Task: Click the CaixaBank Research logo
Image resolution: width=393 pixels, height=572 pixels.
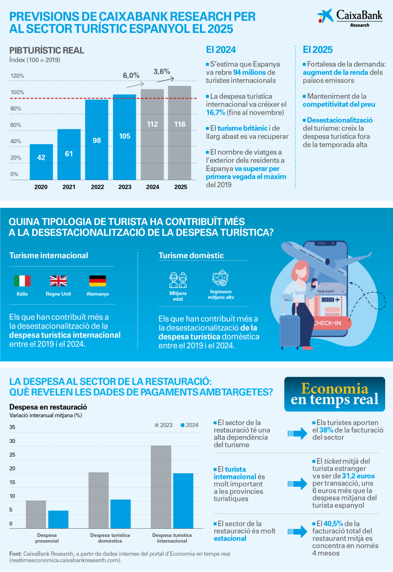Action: pos(350,18)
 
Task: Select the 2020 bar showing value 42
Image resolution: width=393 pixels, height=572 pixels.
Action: pos(41,161)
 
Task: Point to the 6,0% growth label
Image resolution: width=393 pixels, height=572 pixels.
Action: pos(131,75)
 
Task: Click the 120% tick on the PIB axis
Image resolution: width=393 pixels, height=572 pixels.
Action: pos(17,76)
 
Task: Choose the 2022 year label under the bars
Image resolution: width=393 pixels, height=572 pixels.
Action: pos(97,187)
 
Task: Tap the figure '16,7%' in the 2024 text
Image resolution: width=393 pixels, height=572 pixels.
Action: pos(215,113)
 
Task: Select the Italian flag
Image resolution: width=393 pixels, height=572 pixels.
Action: pos(22,281)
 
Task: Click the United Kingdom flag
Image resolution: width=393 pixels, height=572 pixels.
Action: pos(59,281)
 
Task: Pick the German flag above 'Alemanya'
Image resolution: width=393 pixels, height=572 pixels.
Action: pos(98,281)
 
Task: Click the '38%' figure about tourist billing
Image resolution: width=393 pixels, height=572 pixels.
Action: pos(326,430)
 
